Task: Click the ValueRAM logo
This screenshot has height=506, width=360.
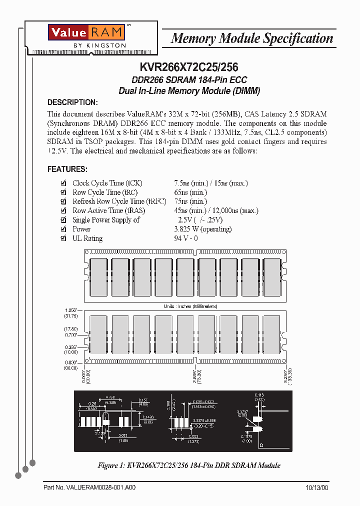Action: [85, 33]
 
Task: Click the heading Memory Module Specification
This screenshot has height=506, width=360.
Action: [251, 38]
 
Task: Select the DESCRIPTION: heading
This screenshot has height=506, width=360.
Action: [72, 102]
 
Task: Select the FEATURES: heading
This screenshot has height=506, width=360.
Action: [67, 169]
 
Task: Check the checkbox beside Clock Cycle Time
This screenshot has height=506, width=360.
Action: [63, 183]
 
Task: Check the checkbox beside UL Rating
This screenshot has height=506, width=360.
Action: [63, 238]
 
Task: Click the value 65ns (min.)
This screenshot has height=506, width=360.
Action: [190, 192]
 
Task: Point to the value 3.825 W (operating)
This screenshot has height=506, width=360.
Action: [202, 229]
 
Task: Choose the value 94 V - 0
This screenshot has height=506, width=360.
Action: [186, 238]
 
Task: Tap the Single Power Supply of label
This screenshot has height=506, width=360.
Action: [106, 220]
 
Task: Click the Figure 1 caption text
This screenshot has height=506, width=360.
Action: [189, 465]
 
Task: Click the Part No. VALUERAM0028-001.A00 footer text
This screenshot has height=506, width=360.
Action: [89, 487]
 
